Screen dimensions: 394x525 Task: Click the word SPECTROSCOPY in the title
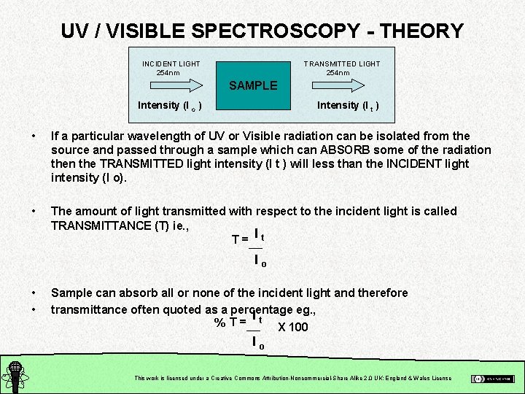click(273, 31)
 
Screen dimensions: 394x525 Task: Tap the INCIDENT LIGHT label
click(171, 64)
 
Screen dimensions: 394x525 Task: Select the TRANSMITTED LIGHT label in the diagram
click(342, 64)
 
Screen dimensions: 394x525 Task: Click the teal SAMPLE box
click(253, 85)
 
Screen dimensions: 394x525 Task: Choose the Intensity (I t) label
click(347, 106)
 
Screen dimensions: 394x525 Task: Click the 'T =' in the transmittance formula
click(238, 239)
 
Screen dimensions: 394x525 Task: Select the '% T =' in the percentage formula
click(229, 322)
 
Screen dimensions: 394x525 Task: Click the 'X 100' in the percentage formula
click(293, 327)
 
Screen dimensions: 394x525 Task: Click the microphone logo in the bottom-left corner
click(13, 375)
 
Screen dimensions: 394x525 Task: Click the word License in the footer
click(440, 378)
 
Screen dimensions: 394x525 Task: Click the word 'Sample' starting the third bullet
click(72, 293)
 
